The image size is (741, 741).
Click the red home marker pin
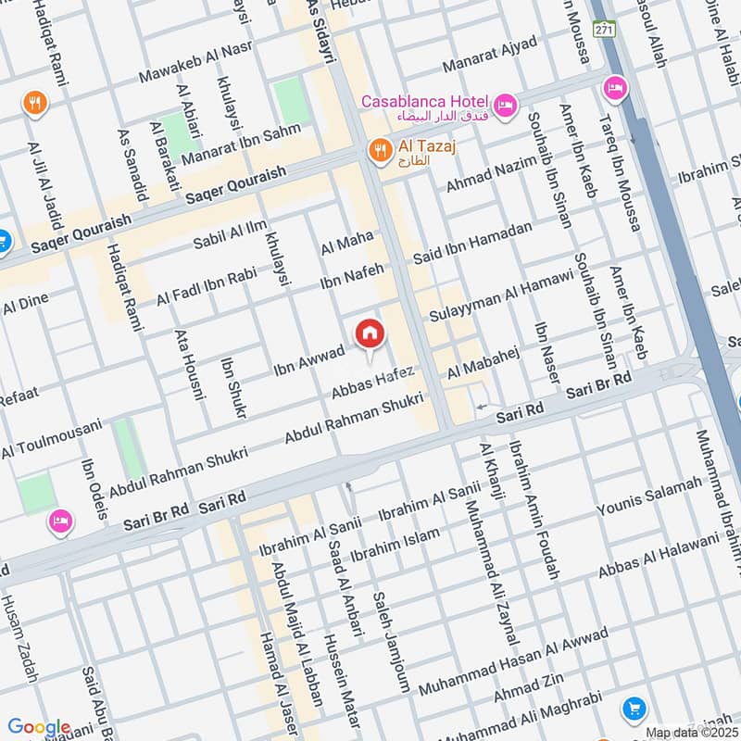[x=369, y=333]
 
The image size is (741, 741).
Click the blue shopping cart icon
[x=634, y=709]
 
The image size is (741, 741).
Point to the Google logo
[x=39, y=728]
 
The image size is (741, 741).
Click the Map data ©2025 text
[x=691, y=733]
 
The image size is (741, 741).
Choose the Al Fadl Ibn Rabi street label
[x=205, y=286]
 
